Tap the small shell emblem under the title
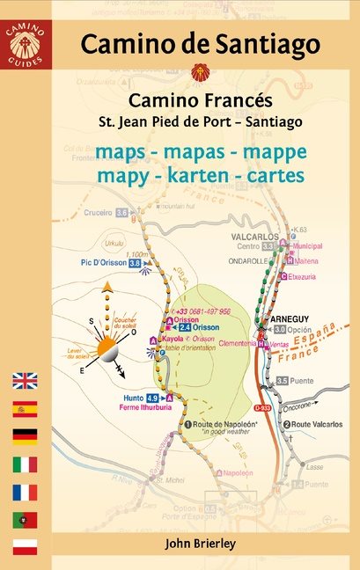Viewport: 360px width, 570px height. (x=195, y=70)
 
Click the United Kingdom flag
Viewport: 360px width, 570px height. (x=25, y=381)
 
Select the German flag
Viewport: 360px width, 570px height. (x=25, y=436)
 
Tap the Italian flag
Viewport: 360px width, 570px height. (x=25, y=464)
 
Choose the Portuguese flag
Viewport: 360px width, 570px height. (x=25, y=519)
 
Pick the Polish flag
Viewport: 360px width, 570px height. (x=25, y=546)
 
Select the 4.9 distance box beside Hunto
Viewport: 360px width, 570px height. (x=151, y=398)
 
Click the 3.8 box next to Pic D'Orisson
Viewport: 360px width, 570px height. (x=135, y=262)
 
